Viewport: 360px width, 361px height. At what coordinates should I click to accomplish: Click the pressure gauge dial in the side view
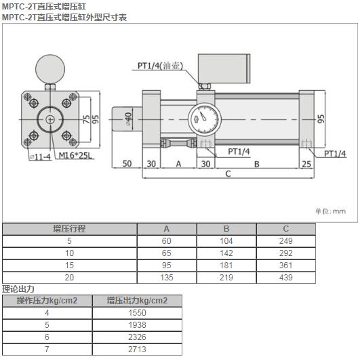[x=203, y=115]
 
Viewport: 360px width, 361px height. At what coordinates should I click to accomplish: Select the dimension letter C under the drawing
[x=228, y=173]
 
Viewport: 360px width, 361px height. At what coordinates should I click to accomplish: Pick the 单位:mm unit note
[x=329, y=211]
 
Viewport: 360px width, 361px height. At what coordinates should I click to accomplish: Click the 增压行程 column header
[x=69, y=229]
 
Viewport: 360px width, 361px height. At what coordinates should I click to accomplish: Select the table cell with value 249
[x=285, y=241]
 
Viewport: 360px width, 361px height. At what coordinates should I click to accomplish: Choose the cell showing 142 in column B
[x=226, y=253]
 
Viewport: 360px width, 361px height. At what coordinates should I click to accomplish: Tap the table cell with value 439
[x=285, y=276]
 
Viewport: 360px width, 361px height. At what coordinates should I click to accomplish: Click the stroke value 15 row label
[x=69, y=265]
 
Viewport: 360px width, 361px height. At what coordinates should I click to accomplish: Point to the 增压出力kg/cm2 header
[x=136, y=301]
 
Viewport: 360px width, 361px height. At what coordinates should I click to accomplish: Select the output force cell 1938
[x=136, y=325]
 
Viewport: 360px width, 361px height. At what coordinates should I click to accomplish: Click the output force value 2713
[x=136, y=349]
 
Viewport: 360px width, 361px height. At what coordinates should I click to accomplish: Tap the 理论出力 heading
[x=18, y=289]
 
